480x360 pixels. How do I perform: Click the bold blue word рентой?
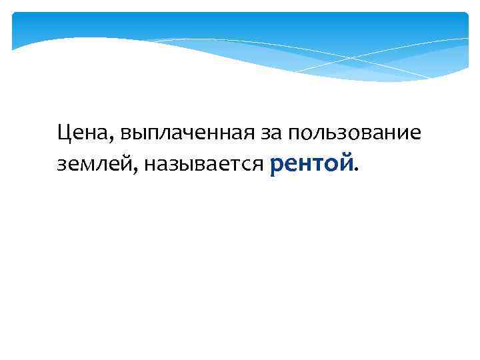point(311,163)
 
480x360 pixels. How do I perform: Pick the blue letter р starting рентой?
point(277,165)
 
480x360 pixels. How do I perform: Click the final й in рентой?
point(345,163)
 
